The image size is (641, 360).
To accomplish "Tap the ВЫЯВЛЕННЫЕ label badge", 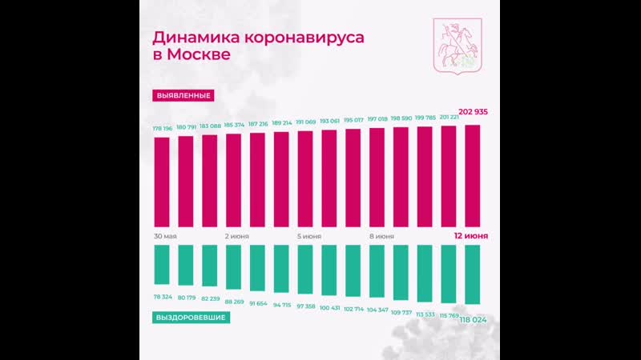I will tap(184, 95).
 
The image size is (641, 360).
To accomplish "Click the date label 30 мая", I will tap(165, 237).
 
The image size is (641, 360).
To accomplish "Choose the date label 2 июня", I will tap(237, 237).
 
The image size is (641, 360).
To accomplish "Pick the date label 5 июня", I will tap(308, 237).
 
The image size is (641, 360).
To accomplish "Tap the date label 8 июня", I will tap(381, 237).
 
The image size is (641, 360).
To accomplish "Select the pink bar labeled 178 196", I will tap(162, 182).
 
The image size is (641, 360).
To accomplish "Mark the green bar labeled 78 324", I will tap(162, 262).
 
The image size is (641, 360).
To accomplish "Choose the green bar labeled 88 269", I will tap(234, 266).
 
